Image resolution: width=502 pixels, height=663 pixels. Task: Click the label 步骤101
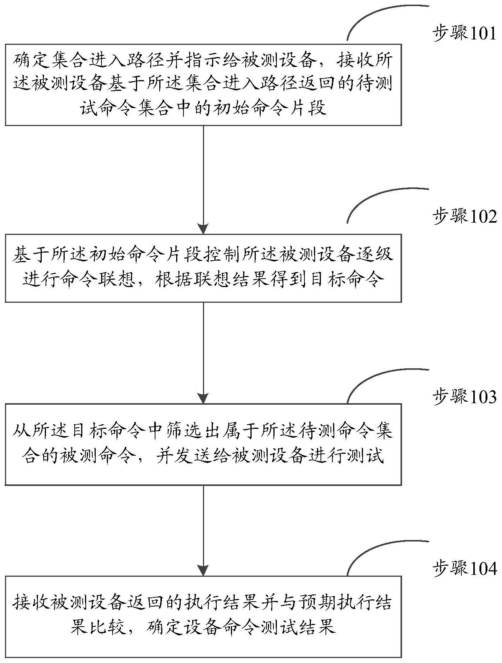pos(464,34)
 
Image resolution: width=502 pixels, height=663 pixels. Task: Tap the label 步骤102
pos(464,217)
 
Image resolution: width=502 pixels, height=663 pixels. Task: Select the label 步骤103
pos(464,397)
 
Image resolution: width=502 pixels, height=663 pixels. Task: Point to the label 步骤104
pos(464,569)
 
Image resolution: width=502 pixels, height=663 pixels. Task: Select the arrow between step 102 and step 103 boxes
pos(203,353)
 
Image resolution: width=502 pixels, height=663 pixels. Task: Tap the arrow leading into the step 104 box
pos(203,531)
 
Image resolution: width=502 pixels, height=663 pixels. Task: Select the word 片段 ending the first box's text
pos(307,108)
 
